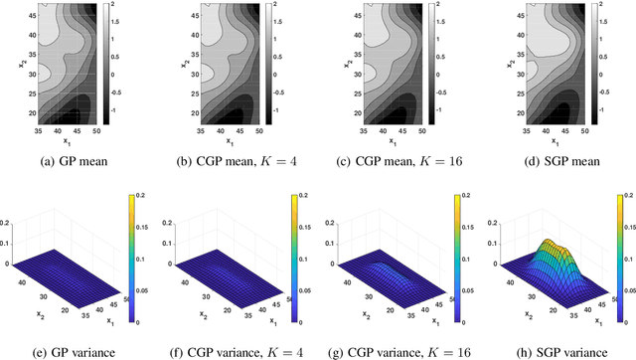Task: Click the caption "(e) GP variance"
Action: tap(79, 349)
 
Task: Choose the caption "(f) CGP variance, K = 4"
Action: tap(237, 349)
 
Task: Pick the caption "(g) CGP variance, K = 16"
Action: tap(397, 349)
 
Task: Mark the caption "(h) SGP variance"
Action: tap(555, 349)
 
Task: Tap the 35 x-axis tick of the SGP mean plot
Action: tap(519, 131)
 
